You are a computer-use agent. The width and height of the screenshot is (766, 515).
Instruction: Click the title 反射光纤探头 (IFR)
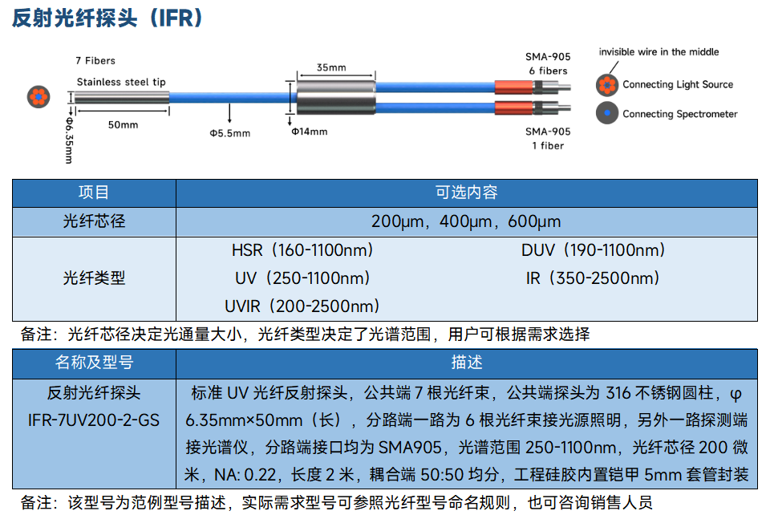pos(107,18)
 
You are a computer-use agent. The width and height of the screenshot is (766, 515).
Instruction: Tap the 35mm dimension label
pos(331,67)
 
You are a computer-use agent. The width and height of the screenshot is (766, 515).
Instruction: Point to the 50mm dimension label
pos(123,124)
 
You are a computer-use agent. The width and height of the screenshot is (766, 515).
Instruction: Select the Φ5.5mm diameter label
pos(230,133)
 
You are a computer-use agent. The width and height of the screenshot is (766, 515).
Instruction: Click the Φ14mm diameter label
pos(310,132)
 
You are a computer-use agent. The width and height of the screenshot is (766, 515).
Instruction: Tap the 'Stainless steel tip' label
pos(121,82)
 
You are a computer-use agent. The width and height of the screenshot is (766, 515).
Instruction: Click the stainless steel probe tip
pos(122,97)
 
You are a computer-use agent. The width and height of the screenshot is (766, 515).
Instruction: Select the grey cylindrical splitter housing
pos(336,97)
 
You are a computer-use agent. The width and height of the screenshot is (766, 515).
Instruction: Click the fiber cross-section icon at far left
pos(39,96)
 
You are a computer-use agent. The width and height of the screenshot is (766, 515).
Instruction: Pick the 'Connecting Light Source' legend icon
pos(607,84)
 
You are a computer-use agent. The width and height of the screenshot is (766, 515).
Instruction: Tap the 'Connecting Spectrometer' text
pos(679,114)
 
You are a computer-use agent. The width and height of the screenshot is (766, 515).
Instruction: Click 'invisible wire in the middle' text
pos(659,52)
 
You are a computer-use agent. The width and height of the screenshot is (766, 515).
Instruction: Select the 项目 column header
pos(94,193)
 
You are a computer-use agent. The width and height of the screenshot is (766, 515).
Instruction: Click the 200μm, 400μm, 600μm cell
pos(466,222)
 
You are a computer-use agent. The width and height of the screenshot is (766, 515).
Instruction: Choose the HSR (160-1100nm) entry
pos(302,250)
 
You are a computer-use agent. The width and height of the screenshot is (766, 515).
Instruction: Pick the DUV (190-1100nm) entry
pos(593,250)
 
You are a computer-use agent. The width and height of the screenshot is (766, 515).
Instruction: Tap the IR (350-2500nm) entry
pos(593,278)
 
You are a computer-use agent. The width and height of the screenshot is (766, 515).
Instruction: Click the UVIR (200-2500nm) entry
pos(302,306)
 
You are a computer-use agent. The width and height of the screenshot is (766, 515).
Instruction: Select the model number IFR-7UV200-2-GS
pos(94,420)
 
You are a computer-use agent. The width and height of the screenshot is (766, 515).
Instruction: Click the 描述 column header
pos(467,363)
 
